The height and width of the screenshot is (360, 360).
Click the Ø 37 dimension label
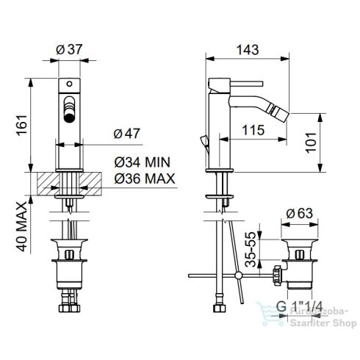[x=69, y=49]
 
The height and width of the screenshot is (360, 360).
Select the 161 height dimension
[x=21, y=125]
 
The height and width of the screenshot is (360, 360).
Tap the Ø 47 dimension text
[x=126, y=134]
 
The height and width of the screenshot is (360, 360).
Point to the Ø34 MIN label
[x=142, y=162]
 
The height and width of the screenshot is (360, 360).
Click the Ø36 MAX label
[x=145, y=179]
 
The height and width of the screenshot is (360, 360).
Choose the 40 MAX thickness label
[x=21, y=226]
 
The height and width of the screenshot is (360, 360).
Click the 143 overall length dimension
[x=248, y=50]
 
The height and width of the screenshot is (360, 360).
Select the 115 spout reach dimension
[x=253, y=130]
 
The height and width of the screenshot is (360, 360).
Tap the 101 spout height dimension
[x=311, y=143]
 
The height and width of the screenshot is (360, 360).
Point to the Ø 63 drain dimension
[x=300, y=213]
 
